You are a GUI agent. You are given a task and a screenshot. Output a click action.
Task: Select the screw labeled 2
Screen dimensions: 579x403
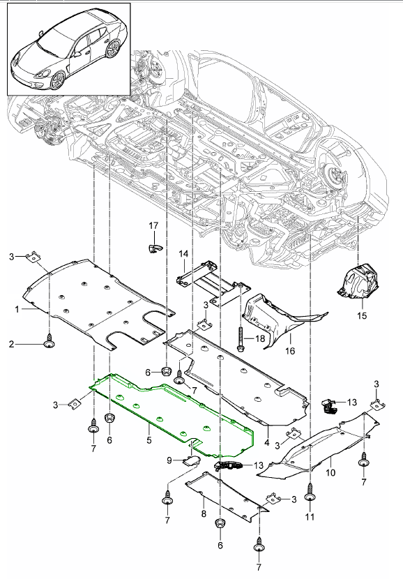point(49,343)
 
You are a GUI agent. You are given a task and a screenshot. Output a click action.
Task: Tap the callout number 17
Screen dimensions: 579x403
point(154,225)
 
